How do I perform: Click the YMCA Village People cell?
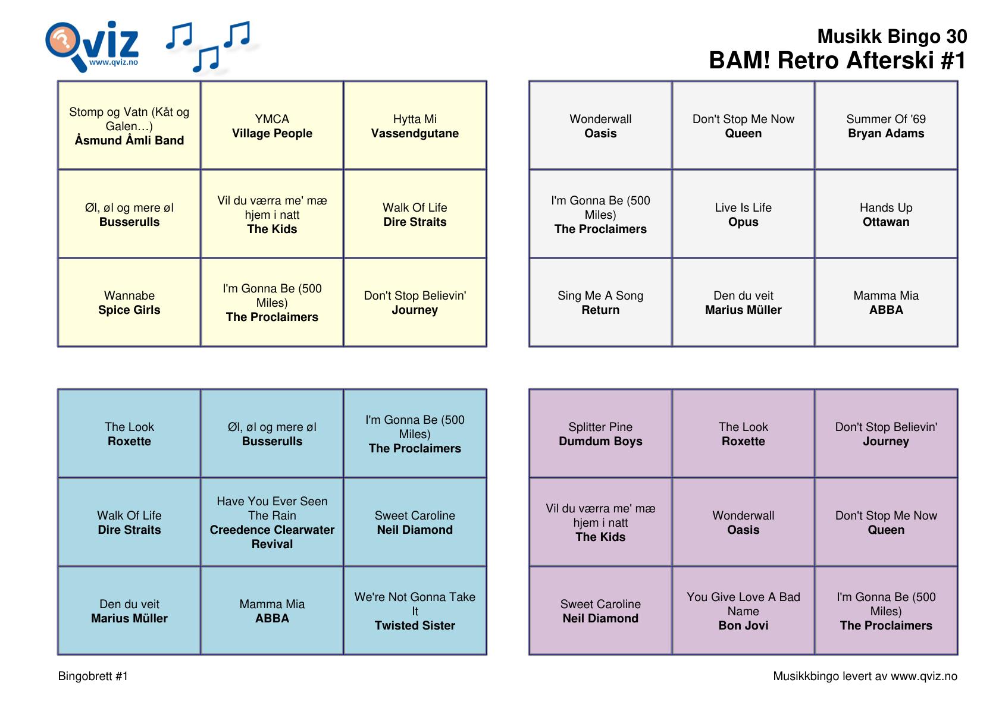coord(272,125)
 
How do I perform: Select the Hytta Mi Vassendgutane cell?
coord(415,125)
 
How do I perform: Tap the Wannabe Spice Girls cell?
coord(129,303)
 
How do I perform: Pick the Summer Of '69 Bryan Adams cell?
coord(886,125)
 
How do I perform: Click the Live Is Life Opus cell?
coord(743,214)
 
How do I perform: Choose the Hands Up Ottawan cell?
coord(886,214)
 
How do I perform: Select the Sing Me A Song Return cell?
coord(600,303)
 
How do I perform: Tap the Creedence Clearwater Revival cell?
coord(272,522)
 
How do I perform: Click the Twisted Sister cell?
coord(415,611)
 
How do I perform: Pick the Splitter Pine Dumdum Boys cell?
coord(600,433)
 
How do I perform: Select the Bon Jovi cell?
coord(743,611)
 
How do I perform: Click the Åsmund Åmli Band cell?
coord(129,125)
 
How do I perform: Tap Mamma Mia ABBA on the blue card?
coord(272,611)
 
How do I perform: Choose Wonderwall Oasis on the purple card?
coord(743,522)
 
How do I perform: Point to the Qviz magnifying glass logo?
coord(92,46)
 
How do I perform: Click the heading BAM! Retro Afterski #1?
coord(837,61)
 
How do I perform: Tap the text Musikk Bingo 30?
coord(892,36)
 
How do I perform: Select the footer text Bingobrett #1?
coord(93,676)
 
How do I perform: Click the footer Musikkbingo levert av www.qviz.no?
coord(865,676)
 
